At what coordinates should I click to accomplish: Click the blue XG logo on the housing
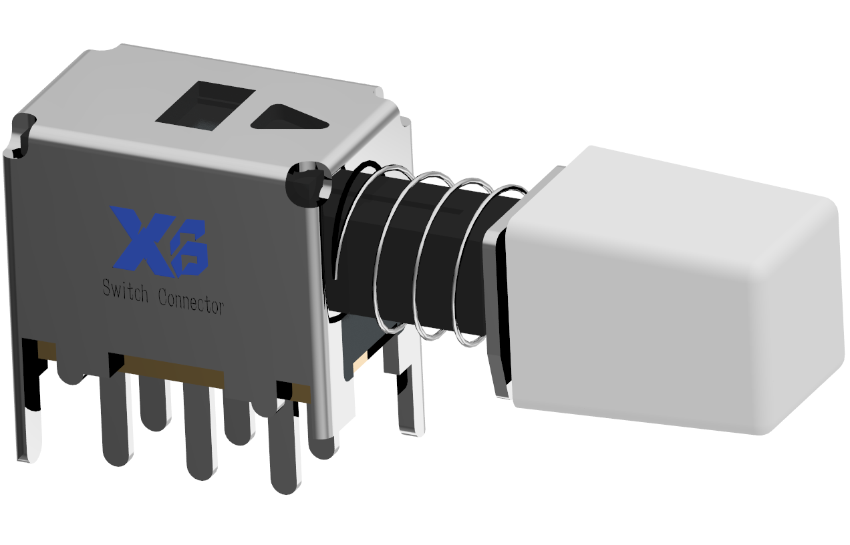click(159, 242)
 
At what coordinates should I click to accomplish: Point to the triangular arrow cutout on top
click(289, 118)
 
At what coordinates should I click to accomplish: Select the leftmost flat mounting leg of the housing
click(30, 402)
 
